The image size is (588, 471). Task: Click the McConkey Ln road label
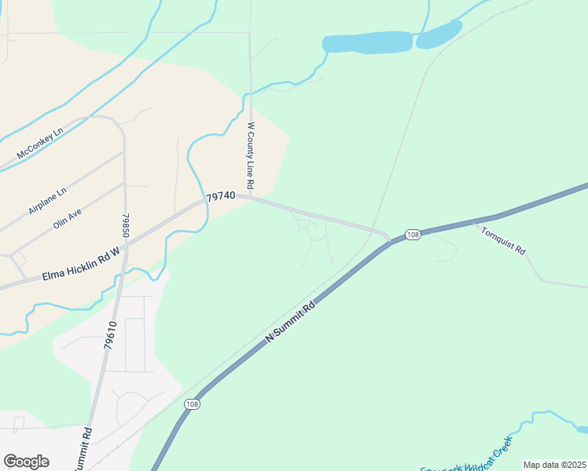(39, 142)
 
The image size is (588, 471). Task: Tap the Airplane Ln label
(48, 200)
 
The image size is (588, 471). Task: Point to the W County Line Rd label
(251, 155)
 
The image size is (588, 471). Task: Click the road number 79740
(221, 198)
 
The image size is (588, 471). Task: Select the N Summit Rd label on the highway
(291, 320)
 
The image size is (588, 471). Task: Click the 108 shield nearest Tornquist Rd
(413, 235)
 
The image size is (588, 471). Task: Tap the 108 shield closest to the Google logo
(192, 403)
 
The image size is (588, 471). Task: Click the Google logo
(26, 461)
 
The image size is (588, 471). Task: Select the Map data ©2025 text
(554, 465)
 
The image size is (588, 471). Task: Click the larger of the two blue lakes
(367, 42)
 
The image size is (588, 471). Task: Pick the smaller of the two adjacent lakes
(439, 34)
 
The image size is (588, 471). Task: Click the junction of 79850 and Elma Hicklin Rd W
(123, 246)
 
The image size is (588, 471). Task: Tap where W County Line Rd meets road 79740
(252, 197)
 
